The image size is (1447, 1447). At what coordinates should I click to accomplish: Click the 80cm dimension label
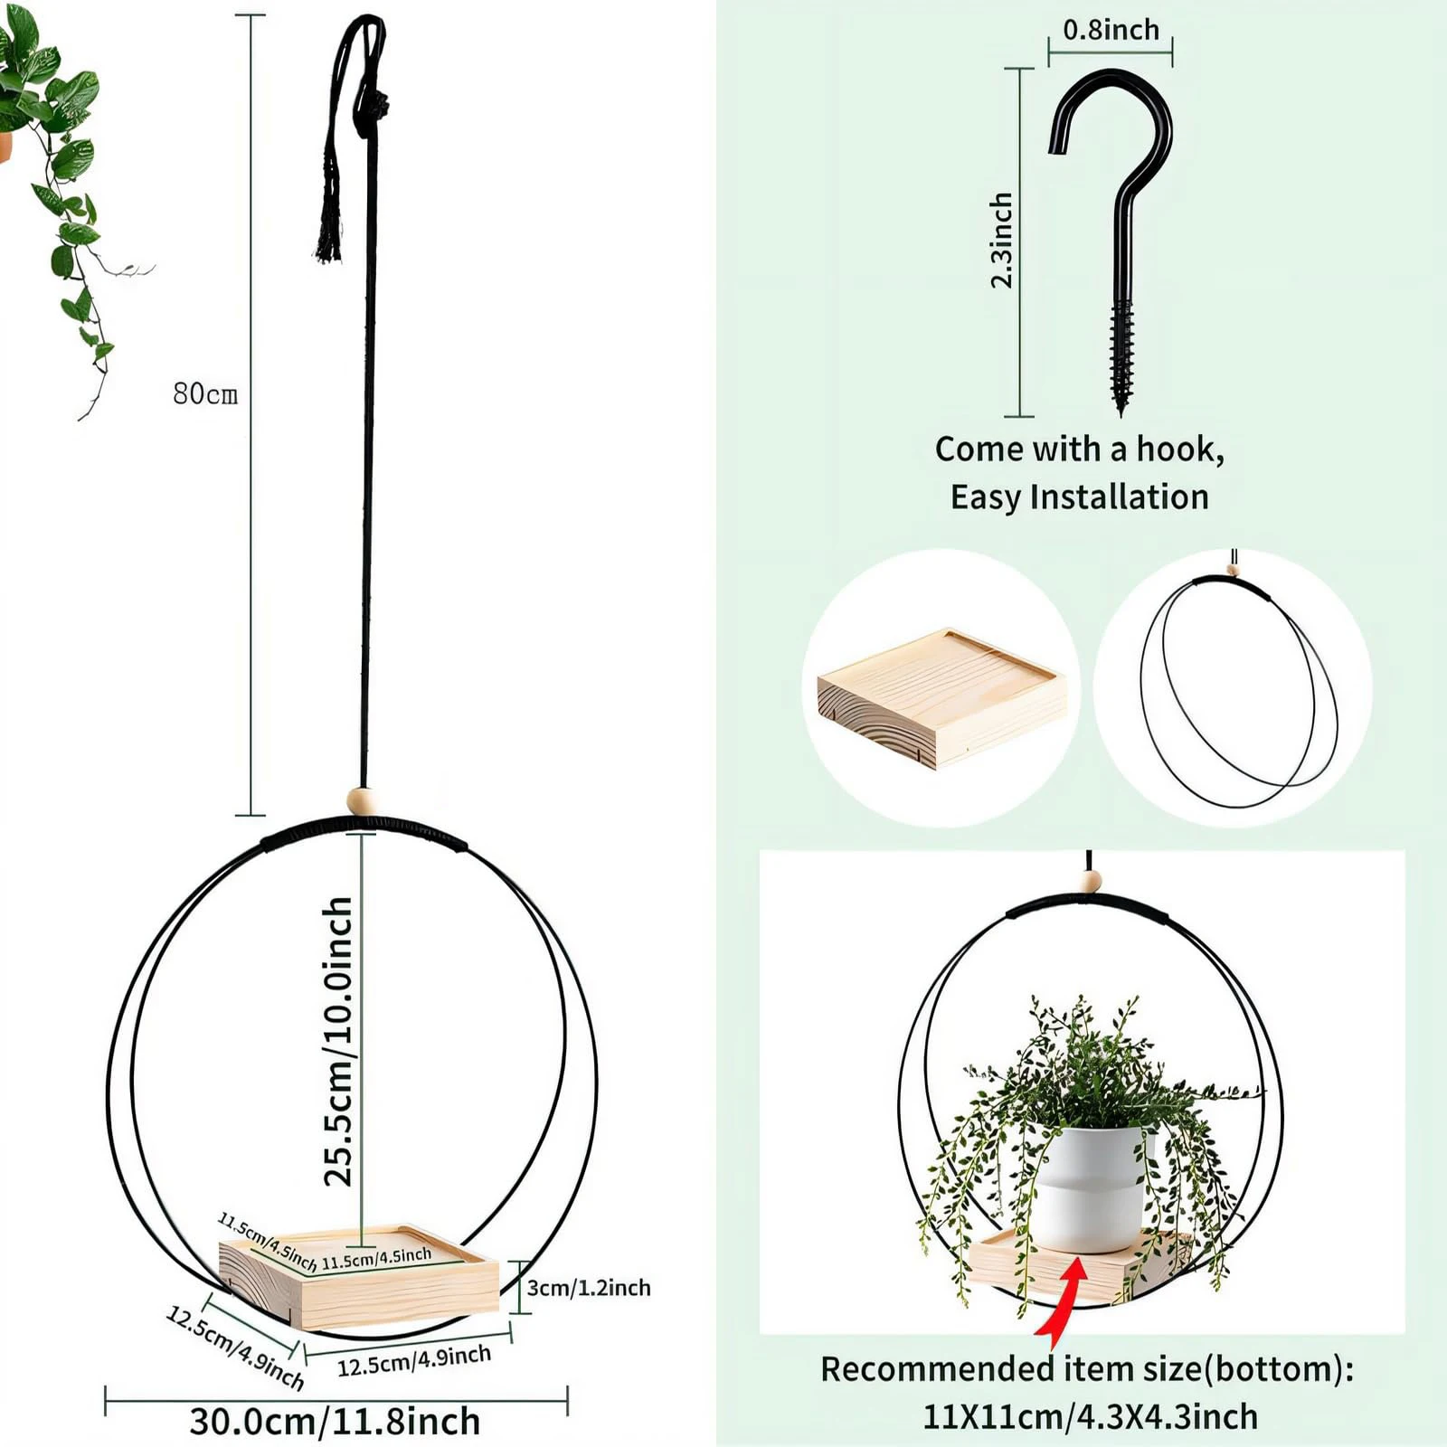[x=205, y=394]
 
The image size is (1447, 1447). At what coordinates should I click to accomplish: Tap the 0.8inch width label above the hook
[x=1111, y=30]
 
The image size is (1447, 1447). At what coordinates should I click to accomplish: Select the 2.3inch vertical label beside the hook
[x=1001, y=241]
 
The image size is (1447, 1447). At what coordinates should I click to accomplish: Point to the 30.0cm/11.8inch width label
[x=335, y=1421]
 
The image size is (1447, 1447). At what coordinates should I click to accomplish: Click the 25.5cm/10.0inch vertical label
[x=339, y=1040]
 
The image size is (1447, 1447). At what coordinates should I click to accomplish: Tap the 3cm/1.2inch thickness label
[x=589, y=1287]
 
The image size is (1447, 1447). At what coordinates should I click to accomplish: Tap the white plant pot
[x=1091, y=1189]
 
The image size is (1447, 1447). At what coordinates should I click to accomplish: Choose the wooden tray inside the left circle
[x=941, y=696]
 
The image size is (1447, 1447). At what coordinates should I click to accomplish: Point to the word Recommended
[x=935, y=1369]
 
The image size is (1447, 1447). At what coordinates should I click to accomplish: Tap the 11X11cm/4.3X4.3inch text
[x=1090, y=1416]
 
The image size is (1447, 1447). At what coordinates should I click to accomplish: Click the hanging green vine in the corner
[x=63, y=181]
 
